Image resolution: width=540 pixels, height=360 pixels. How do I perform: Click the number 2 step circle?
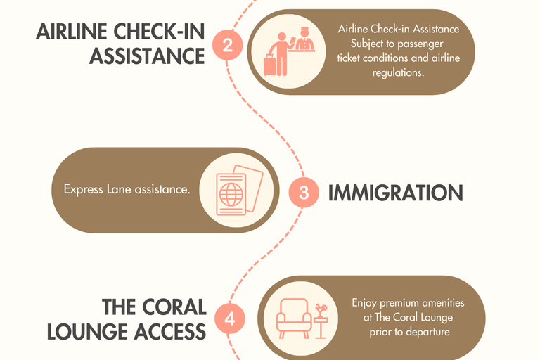(x=228, y=45)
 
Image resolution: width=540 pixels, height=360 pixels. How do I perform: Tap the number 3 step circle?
(x=304, y=192)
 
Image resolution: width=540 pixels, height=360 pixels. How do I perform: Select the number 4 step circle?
(x=230, y=319)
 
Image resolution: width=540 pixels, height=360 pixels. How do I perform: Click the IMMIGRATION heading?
(x=395, y=193)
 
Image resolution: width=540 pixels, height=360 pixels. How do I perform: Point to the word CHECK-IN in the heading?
(x=159, y=32)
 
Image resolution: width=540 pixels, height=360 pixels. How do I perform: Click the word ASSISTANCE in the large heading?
(x=147, y=56)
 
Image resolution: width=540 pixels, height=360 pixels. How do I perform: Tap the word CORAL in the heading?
(x=174, y=307)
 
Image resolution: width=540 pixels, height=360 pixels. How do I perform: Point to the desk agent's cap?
(x=304, y=30)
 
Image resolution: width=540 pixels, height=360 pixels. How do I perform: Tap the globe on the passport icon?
(x=231, y=194)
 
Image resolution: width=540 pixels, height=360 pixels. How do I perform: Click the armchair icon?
(x=293, y=318)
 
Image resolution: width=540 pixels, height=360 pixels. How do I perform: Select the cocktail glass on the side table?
(x=321, y=309)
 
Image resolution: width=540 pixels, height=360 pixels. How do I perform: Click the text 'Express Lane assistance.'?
(x=127, y=189)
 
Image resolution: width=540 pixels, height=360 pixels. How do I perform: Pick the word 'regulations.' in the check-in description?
(x=398, y=72)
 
